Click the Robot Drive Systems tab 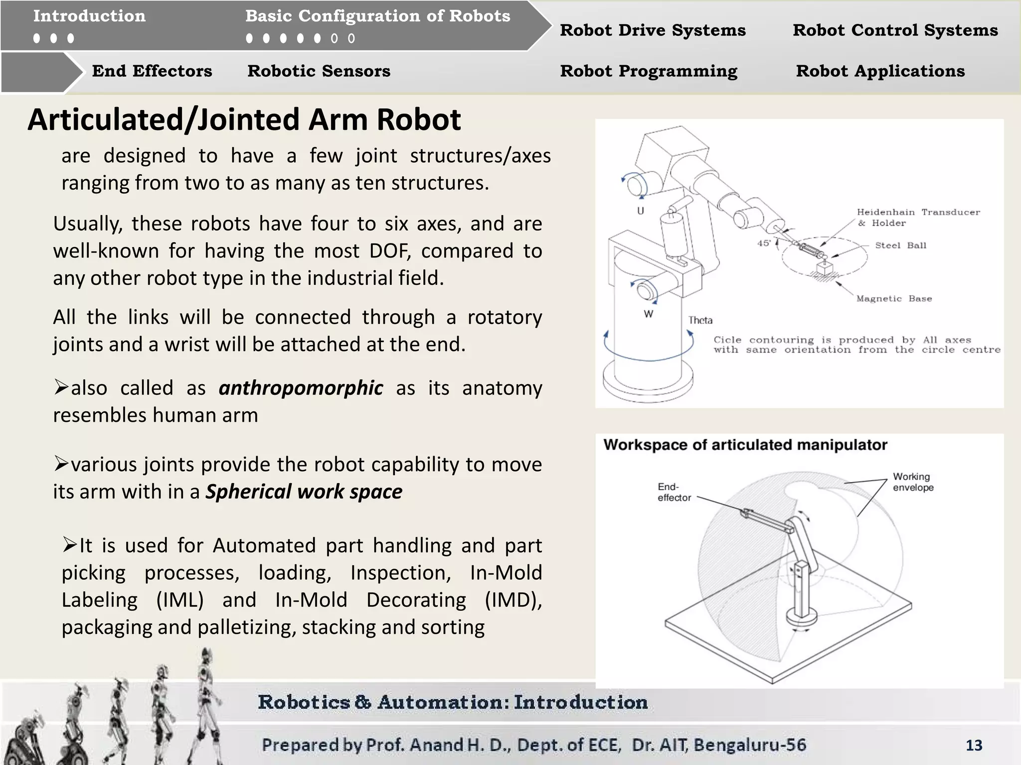[653, 30]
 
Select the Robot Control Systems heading [895, 30]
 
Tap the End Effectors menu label [152, 71]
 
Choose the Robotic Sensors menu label [319, 71]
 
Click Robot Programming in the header [649, 71]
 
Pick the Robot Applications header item [880, 71]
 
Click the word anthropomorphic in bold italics [301, 388]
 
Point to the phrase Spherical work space [304, 492]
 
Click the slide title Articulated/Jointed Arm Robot [244, 120]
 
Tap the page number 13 [974, 745]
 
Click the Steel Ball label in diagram [900, 246]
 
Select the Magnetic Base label [894, 299]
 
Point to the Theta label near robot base [700, 320]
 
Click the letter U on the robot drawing [641, 211]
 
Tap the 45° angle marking [764, 243]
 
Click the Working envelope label [913, 482]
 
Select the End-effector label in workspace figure [674, 492]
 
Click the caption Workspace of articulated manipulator [745, 445]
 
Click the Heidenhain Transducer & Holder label [917, 218]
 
